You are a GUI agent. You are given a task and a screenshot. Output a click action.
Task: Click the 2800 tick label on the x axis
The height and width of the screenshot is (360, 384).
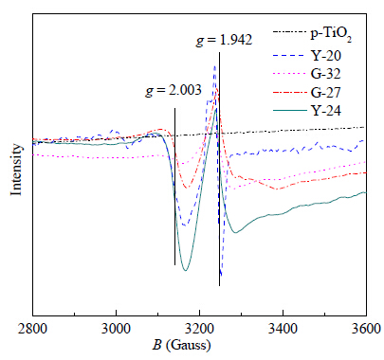click(33, 329)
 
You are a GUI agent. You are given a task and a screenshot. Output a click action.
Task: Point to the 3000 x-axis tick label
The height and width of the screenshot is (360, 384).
click(116, 329)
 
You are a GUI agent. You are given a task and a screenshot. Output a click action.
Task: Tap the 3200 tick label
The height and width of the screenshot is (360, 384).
click(199, 329)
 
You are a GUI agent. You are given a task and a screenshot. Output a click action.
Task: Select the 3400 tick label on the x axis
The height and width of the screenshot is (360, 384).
click(283, 329)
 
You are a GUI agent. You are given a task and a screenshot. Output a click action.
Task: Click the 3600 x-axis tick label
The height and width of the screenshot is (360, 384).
click(366, 329)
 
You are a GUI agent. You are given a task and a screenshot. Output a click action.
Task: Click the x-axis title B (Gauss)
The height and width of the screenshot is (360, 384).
click(181, 345)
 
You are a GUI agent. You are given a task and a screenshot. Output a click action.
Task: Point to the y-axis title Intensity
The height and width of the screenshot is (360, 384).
click(16, 170)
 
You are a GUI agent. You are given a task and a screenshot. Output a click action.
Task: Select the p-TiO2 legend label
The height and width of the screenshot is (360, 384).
click(331, 34)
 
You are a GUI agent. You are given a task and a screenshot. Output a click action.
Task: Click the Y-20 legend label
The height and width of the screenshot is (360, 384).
click(326, 56)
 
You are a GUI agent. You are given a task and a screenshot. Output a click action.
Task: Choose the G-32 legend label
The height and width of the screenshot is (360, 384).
click(326, 74)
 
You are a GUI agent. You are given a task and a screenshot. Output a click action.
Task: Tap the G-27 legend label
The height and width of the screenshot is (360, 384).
click(326, 93)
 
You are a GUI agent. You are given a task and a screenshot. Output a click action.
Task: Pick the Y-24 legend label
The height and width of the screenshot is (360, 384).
click(326, 111)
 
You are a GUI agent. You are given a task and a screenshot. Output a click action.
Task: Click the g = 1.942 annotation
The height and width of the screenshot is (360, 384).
click(224, 41)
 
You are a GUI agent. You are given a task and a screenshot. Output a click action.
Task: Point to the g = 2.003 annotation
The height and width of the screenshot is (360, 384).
click(174, 91)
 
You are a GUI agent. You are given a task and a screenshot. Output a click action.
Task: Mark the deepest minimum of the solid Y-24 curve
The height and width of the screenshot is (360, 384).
click(186, 270)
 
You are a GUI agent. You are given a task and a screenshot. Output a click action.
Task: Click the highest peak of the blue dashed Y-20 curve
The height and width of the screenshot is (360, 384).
click(215, 66)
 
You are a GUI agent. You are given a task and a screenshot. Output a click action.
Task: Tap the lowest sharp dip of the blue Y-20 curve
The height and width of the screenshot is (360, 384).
click(221, 276)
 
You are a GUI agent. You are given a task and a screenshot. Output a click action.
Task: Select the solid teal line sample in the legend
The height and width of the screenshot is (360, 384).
click(290, 111)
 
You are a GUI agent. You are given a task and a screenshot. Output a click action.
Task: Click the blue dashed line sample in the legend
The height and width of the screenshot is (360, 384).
click(290, 56)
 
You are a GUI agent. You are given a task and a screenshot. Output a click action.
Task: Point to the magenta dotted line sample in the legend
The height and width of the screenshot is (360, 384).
click(290, 74)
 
